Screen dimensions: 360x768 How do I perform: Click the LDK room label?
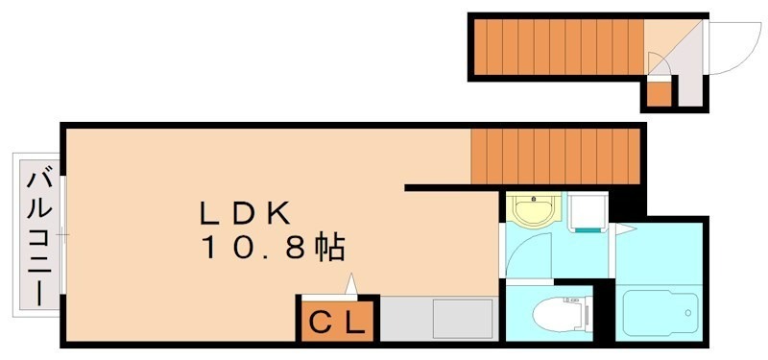coord(245,211)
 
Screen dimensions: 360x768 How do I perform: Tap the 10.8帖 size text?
coord(273,249)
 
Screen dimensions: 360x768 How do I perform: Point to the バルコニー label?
coord(38,236)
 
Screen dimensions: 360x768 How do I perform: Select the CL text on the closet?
coord(335,324)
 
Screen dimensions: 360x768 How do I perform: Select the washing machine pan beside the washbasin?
coord(588,211)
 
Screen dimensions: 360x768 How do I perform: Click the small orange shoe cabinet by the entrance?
coord(659,94)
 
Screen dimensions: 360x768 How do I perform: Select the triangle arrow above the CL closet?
coord(351,284)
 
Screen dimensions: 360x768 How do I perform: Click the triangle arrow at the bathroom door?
coord(625,229)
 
